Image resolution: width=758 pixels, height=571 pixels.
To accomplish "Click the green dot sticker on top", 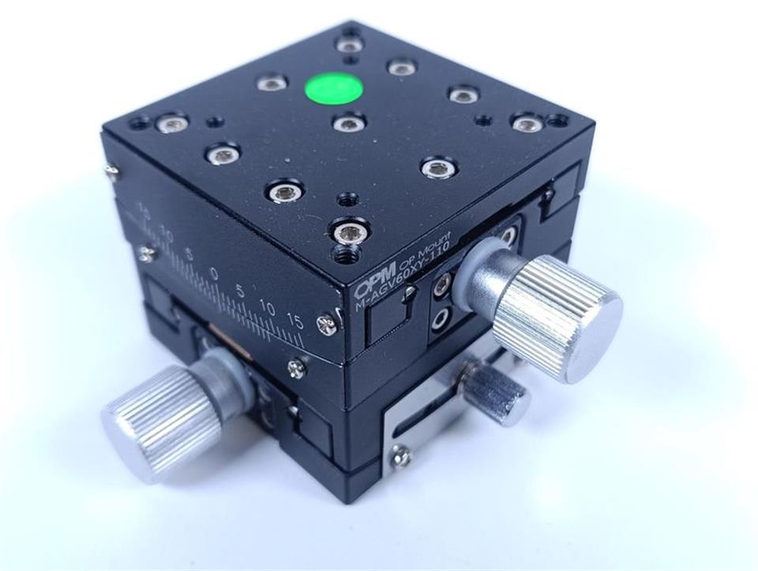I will [334, 88].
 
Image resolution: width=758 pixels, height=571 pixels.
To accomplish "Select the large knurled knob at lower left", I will [163, 421].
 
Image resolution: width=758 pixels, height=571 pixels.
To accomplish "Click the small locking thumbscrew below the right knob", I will [497, 393].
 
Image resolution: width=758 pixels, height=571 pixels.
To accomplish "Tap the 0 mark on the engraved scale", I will [214, 273].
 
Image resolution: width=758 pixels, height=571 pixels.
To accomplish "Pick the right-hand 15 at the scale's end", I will [295, 320].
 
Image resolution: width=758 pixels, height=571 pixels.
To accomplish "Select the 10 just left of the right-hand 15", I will [268, 306].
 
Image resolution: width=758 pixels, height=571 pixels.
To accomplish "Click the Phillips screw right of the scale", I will [326, 322].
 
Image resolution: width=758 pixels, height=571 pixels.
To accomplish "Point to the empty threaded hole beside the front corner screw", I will [345, 254].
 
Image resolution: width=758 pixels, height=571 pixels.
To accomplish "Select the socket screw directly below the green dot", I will [349, 123].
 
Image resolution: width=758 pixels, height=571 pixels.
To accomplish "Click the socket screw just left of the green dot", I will [272, 82].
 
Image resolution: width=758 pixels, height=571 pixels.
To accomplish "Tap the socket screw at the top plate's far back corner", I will [349, 45].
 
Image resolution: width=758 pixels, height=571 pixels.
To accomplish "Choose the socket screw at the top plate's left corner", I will [171, 123].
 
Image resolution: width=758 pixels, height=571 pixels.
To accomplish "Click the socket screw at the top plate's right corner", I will [527, 124].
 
